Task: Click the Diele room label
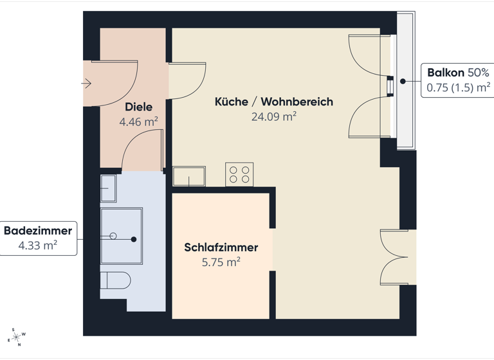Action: pos(139,107)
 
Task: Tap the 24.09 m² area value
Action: pos(273,116)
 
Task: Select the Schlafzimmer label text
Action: pos(221,248)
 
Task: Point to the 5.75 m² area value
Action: pos(221,262)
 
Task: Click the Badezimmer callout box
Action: pos(39,238)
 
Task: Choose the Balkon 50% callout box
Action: pos(456,80)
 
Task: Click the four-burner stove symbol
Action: pos(239,174)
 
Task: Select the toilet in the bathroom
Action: pos(115,282)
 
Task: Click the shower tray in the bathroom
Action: pos(121,235)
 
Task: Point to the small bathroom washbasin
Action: pos(108,188)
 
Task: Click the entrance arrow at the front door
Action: pos(87,83)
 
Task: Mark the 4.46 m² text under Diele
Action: pos(139,121)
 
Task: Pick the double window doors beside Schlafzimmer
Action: pos(394,256)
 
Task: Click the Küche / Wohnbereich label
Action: pos(273,102)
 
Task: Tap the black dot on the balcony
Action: pos(403,82)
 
